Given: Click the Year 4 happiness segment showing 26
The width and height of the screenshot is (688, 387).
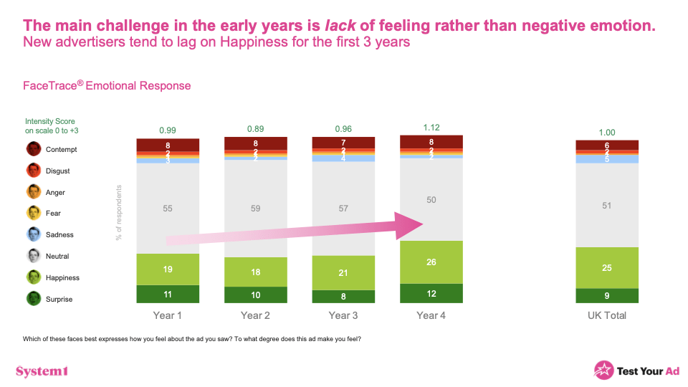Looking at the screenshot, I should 431,262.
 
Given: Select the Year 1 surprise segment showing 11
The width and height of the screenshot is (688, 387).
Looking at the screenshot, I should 168,294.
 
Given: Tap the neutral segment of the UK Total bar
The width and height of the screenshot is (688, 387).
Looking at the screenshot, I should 607,205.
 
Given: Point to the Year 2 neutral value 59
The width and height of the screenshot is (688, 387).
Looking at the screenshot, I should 256,209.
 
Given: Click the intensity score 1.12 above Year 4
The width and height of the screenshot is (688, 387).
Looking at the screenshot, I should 431,128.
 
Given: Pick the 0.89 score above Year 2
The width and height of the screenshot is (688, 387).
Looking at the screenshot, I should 256,129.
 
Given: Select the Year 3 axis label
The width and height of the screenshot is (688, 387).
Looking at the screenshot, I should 343,315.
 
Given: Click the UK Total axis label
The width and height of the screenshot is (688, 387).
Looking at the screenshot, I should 607,315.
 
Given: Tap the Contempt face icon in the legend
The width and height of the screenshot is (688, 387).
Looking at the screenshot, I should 34,149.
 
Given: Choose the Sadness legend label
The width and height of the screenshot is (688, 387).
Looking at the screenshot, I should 59,235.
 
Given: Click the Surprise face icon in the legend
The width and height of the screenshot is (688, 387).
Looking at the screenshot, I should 34,299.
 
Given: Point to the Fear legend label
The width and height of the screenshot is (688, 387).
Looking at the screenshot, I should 54,214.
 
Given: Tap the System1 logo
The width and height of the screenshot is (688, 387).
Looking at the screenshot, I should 42,371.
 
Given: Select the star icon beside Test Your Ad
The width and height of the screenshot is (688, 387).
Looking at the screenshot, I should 603,370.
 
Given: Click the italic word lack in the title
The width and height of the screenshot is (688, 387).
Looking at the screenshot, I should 340,26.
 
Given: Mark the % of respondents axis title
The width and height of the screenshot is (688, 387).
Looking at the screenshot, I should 119,213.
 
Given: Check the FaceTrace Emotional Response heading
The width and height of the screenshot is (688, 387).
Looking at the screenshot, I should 107,86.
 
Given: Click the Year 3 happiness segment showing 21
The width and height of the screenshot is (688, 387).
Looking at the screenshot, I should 343,272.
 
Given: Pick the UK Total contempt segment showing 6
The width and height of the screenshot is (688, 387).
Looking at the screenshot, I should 607,145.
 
